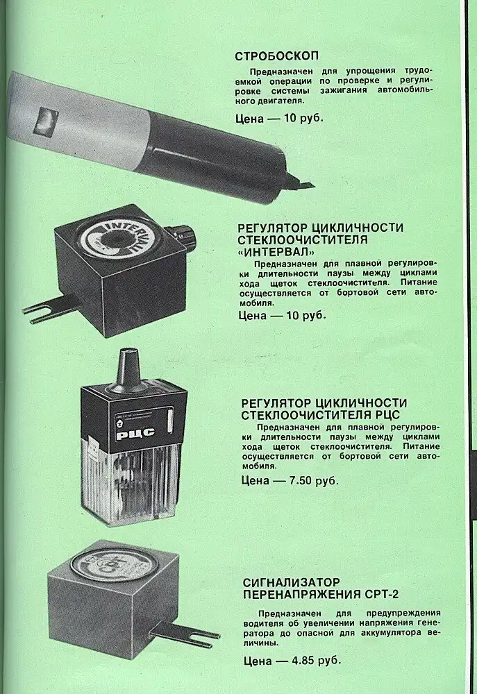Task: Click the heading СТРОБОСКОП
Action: pyautogui.click(x=276, y=56)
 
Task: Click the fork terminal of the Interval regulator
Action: pyautogui.click(x=49, y=309)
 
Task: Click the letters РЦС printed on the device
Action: pyautogui.click(x=135, y=433)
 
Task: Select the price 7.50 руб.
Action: pyautogui.click(x=313, y=481)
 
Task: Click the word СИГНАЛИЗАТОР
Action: pyautogui.click(x=292, y=582)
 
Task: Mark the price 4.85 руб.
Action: pyautogui.click(x=316, y=661)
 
